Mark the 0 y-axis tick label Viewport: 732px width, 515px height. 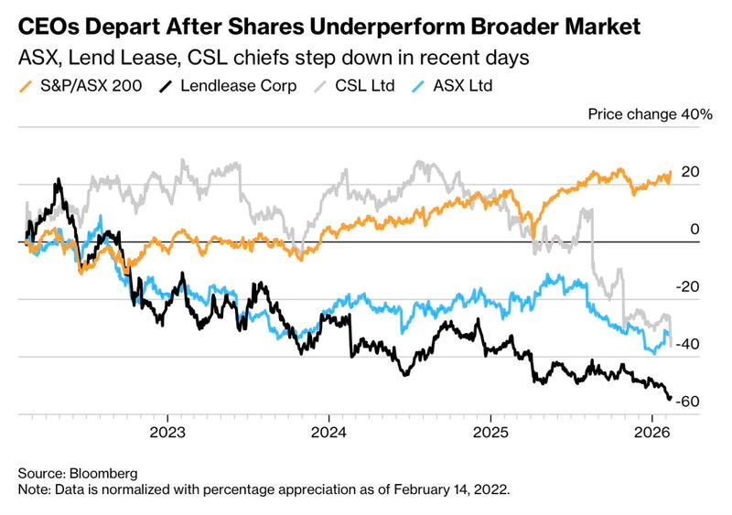(x=695, y=230)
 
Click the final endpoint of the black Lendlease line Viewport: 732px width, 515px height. (x=670, y=398)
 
